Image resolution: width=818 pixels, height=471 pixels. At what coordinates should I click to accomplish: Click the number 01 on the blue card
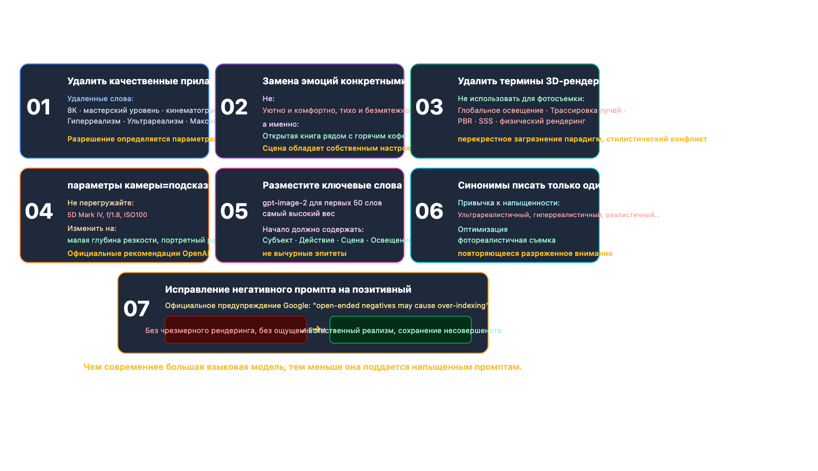39,107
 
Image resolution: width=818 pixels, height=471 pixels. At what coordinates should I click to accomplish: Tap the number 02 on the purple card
234,107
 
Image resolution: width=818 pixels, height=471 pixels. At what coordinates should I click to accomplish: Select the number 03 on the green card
429,107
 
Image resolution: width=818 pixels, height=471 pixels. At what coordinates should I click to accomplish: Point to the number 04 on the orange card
39,211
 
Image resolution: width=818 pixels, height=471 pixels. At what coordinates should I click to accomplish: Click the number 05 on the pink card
234,211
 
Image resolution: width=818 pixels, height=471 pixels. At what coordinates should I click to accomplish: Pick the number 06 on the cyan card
429,211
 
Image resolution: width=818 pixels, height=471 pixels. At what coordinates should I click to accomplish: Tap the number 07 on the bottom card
137,309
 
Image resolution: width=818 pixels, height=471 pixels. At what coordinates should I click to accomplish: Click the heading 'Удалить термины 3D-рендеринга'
539,81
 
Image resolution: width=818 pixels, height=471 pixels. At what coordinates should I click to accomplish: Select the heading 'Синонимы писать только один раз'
541,185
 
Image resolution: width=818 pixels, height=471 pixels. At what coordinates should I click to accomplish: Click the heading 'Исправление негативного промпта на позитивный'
288,290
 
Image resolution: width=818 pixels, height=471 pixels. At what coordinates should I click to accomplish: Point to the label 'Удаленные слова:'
100,99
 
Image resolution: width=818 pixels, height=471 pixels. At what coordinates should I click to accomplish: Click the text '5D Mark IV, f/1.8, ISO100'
107,215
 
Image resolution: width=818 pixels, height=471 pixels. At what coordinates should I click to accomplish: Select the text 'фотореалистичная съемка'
506,240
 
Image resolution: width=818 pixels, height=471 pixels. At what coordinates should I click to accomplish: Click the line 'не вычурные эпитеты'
304,253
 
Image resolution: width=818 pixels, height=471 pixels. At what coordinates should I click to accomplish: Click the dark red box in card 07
235,337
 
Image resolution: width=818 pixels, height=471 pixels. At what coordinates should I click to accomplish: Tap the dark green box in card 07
400,337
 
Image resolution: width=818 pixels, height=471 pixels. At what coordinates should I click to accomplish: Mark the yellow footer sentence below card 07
303,367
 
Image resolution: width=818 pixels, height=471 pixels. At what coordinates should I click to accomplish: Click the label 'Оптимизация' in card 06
483,229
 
